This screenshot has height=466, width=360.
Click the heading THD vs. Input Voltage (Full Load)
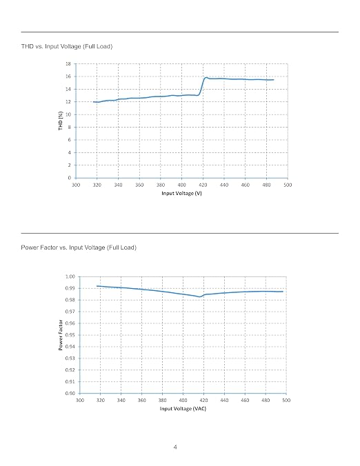coord(67,46)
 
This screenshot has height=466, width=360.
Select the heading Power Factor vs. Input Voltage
coord(63,247)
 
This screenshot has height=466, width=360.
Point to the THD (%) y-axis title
coord(61,121)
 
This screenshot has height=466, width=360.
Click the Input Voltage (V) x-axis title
coord(181,193)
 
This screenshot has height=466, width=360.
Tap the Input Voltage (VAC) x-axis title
coord(183,409)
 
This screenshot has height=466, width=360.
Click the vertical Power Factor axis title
coord(61,335)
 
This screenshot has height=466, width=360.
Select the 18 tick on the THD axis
coord(68,63)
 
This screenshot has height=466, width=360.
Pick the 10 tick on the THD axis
coord(68,114)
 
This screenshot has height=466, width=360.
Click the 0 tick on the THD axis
coord(70,178)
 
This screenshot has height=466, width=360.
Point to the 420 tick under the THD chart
coord(203,185)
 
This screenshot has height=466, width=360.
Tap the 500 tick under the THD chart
coord(288,185)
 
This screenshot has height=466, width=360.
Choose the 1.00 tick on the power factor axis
coord(70,276)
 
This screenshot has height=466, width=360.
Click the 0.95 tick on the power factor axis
coord(70,335)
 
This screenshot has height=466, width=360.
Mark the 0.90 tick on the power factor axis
coord(70,393)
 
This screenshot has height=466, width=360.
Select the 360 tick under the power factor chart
coord(142,401)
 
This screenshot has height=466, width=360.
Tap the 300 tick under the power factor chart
coord(80,401)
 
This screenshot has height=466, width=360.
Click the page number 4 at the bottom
coord(175,447)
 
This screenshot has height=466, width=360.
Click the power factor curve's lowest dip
coord(200,296)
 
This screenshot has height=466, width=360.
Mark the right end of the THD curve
coord(274,80)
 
